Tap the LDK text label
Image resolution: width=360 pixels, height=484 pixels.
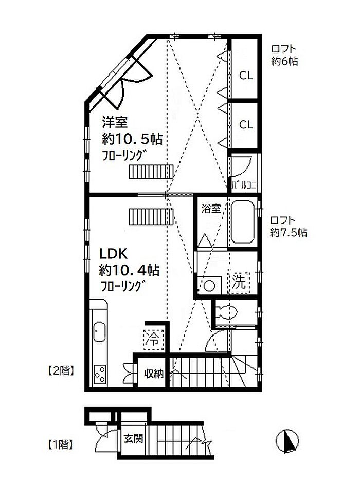pyautogui.click(x=113, y=254)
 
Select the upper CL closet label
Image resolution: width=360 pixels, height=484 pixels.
pyautogui.click(x=246, y=76)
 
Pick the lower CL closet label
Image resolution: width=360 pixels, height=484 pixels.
pyautogui.click(x=246, y=125)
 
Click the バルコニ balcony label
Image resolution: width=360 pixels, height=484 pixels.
pyautogui.click(x=244, y=185)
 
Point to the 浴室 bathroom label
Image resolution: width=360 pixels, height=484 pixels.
pyautogui.click(x=211, y=209)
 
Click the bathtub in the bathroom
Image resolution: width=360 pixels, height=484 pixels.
pyautogui.click(x=243, y=222)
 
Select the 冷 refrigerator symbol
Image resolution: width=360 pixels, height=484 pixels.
pyautogui.click(x=154, y=339)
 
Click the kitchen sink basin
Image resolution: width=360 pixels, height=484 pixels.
pyautogui.click(x=99, y=332)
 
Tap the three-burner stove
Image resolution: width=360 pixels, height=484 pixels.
pyautogui.click(x=100, y=375)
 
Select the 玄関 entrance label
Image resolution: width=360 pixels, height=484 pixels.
pyautogui.click(x=134, y=439)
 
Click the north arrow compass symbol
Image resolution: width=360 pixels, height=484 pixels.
pyautogui.click(x=287, y=441)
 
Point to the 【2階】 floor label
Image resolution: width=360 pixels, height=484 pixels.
pyautogui.click(x=61, y=371)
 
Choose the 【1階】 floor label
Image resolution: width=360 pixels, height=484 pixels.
pyautogui.click(x=61, y=445)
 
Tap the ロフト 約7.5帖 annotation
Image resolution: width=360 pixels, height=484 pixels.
pyautogui.click(x=289, y=226)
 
